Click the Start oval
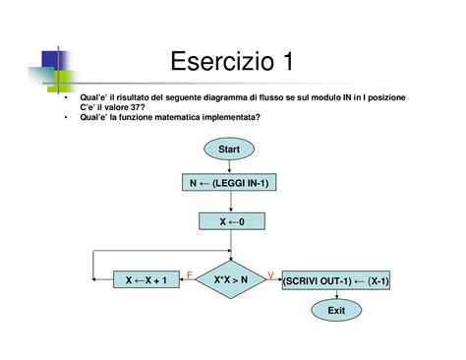(x=229, y=149)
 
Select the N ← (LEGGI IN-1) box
(x=229, y=184)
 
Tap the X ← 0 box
(x=229, y=222)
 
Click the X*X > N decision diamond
(x=230, y=280)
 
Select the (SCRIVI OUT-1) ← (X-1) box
(x=336, y=280)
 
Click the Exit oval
(x=337, y=312)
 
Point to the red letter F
(x=189, y=272)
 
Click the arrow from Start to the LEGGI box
(x=229, y=166)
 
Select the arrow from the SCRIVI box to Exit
(x=337, y=296)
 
